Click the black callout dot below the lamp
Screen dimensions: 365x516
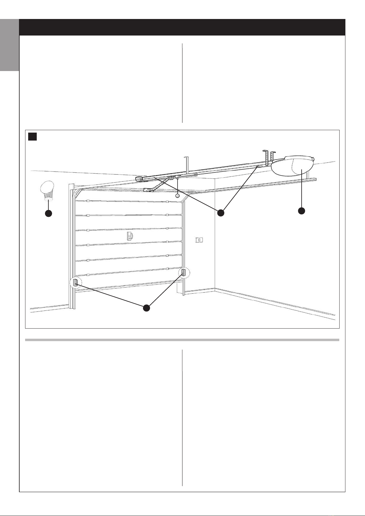tap(48, 213)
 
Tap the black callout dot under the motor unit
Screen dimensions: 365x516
tap(302, 211)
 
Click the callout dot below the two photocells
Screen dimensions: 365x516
tap(147, 308)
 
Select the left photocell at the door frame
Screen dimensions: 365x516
tap(75, 283)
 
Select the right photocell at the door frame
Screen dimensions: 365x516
tap(184, 272)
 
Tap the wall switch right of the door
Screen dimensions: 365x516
tap(199, 240)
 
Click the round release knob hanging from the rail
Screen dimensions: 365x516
tap(177, 195)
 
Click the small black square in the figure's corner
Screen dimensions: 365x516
tap(32, 137)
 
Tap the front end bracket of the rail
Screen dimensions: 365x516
tap(139, 179)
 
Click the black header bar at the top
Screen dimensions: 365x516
tap(182, 27)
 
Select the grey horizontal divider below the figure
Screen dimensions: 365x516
tap(182, 340)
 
